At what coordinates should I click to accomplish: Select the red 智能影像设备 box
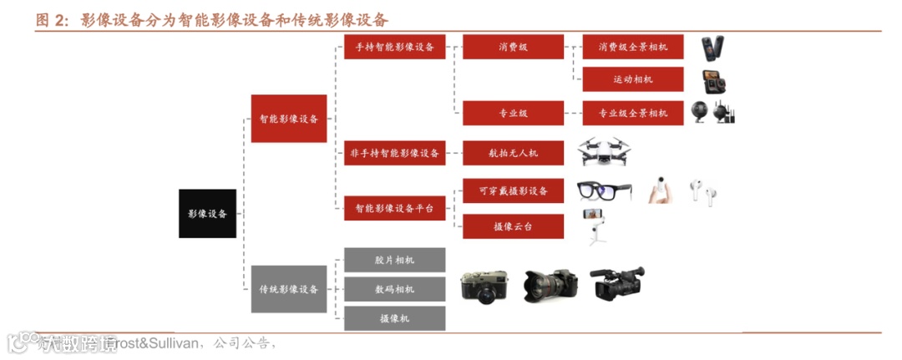click(x=289, y=119)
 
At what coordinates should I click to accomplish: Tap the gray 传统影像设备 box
click(x=289, y=289)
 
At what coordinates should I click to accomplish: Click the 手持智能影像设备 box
click(x=395, y=47)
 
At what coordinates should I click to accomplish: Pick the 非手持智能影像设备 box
click(x=395, y=153)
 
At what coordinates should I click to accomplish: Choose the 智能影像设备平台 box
click(x=395, y=208)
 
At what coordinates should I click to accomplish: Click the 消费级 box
click(x=513, y=47)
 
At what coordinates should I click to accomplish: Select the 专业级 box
click(x=513, y=112)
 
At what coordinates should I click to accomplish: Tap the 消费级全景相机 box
click(x=633, y=47)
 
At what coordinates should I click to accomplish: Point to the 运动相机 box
click(x=633, y=79)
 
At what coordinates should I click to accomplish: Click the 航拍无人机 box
click(x=513, y=153)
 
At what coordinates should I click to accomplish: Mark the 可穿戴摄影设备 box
click(x=513, y=190)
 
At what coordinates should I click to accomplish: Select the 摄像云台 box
click(x=513, y=226)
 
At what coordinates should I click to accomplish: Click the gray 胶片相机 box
click(x=395, y=260)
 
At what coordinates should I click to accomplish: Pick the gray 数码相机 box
click(x=395, y=289)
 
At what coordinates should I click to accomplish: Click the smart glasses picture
click(x=604, y=191)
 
